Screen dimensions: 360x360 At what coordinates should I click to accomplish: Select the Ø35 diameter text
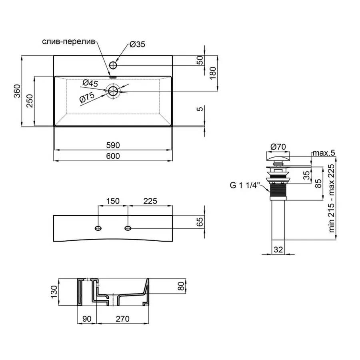[x=137, y=45]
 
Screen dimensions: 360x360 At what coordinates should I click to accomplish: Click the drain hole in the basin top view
[x=113, y=91]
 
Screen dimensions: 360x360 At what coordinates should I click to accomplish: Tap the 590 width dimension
[x=113, y=144]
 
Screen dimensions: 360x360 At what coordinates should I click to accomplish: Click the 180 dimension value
[x=212, y=73]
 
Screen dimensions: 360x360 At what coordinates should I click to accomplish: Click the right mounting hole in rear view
[x=128, y=228]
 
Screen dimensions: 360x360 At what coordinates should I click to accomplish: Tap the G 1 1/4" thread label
[x=245, y=185]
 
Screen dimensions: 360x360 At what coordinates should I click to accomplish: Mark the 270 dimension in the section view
[x=123, y=319]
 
